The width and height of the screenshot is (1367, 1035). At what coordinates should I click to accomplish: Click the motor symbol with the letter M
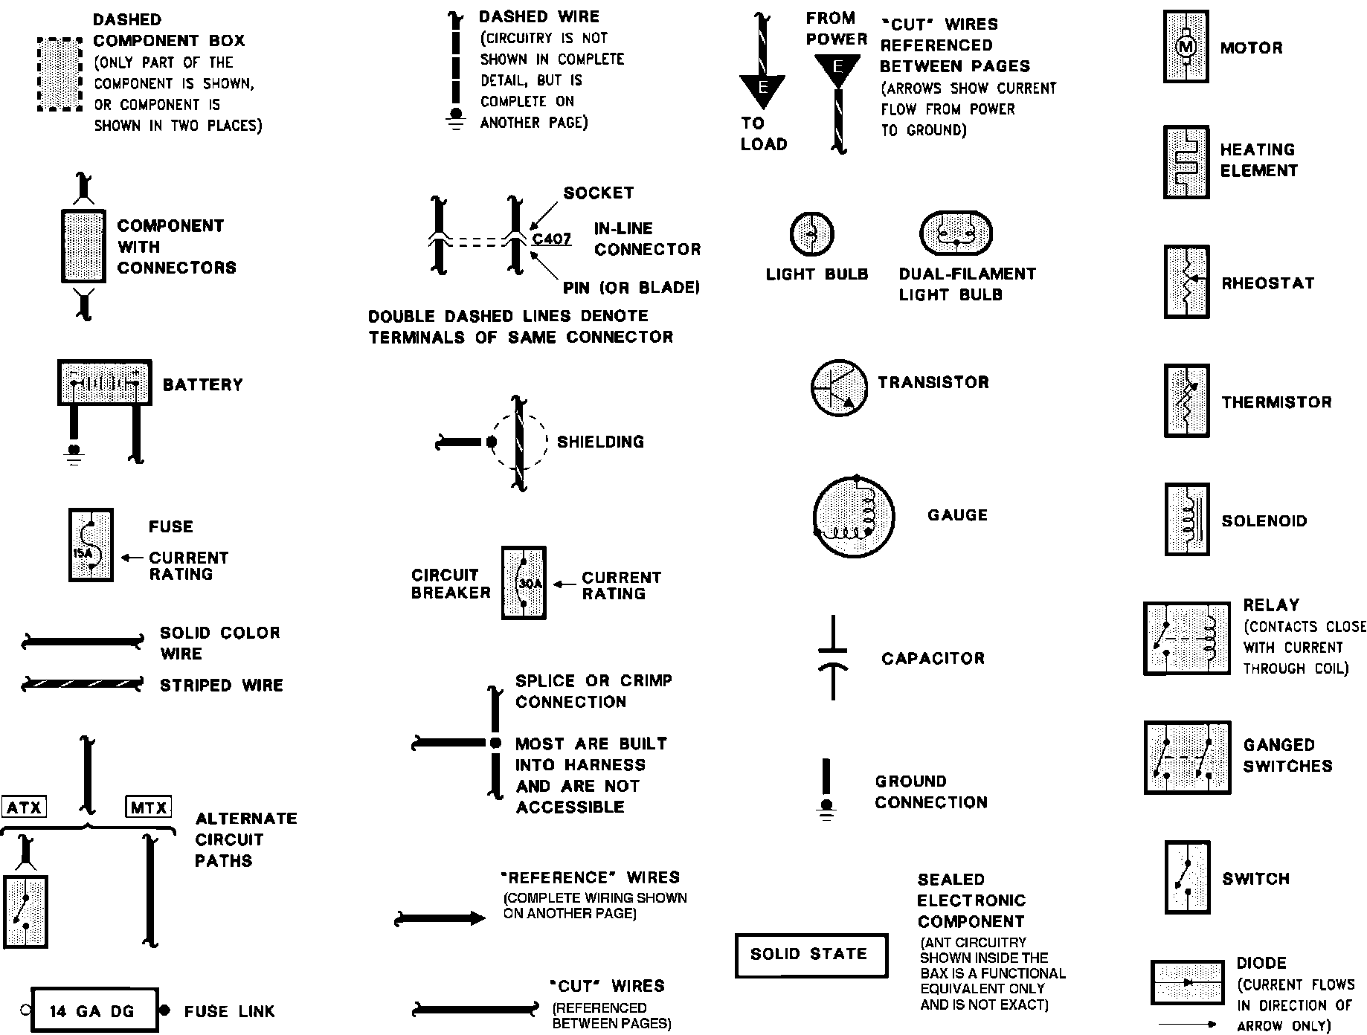1186,47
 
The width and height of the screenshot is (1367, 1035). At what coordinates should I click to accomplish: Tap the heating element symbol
1186,162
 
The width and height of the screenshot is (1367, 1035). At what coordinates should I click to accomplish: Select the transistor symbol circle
838,387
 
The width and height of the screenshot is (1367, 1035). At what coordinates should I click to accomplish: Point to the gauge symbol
852,515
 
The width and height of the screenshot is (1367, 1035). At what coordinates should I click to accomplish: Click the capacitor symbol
832,657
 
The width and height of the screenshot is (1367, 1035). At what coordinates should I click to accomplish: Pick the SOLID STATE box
811,955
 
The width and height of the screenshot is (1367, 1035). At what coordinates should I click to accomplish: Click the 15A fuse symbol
91,545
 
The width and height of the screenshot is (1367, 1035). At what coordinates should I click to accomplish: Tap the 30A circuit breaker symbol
524,583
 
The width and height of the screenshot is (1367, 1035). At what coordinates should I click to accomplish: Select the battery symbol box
105,383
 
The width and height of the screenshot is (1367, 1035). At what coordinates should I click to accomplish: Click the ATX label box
25,807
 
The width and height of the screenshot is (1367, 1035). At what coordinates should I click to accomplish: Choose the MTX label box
149,807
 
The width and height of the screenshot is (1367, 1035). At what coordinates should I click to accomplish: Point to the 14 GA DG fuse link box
94,1010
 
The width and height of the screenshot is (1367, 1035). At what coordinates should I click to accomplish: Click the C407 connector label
552,239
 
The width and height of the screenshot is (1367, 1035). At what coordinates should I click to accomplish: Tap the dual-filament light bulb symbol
956,233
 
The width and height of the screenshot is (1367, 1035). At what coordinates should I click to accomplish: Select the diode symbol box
1187,982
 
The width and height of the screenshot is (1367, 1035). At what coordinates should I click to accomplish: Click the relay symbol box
1186,638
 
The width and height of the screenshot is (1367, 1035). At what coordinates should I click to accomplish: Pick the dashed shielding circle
518,442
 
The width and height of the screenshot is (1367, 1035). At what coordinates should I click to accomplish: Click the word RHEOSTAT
1267,283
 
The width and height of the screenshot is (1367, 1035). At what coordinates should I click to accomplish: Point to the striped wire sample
82,684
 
